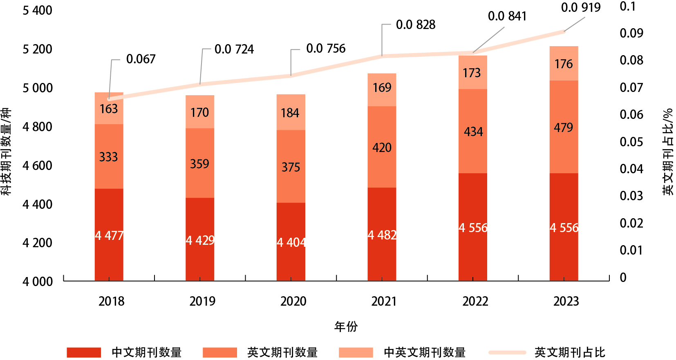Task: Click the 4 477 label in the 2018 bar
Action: pos(109,236)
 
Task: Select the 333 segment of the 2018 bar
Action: pos(109,157)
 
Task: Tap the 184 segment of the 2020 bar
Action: pos(291,113)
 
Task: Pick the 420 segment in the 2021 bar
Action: pos(382,148)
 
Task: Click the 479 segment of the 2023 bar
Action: pos(564,127)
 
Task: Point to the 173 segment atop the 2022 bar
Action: pos(472,73)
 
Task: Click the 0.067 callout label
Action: pos(141,59)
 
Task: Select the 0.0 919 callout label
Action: pos(581,8)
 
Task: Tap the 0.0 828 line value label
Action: pos(416,25)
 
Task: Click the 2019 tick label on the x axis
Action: pos(202,302)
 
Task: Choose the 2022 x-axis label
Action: pos(475,302)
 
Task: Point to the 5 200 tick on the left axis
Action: pos(38,49)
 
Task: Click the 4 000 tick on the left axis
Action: pos(38,282)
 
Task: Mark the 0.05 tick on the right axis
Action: pos(631,142)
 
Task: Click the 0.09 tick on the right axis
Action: pos(631,33)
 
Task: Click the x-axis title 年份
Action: pos(346,326)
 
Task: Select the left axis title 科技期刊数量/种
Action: pos(6,152)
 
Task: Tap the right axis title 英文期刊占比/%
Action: pos(667,152)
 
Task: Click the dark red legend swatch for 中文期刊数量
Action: pos(84,352)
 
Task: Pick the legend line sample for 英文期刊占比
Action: pos(507,352)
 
